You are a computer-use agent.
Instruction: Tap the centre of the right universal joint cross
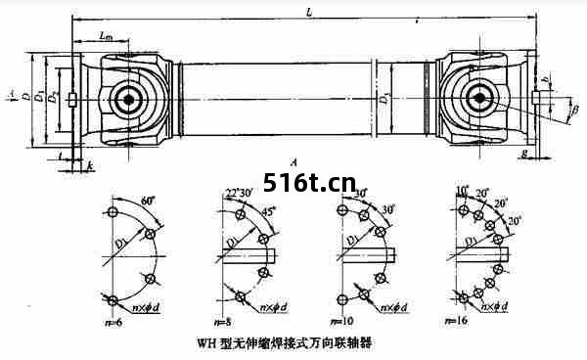[x=479, y=98]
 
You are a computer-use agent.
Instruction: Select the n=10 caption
[x=342, y=321]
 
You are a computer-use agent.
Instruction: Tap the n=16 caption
[x=456, y=321]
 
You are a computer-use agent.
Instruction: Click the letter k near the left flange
[x=90, y=167]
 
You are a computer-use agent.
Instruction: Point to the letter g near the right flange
[x=525, y=156]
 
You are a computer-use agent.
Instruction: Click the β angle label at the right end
[x=576, y=110]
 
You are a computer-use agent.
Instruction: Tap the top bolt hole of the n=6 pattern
[x=114, y=212]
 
